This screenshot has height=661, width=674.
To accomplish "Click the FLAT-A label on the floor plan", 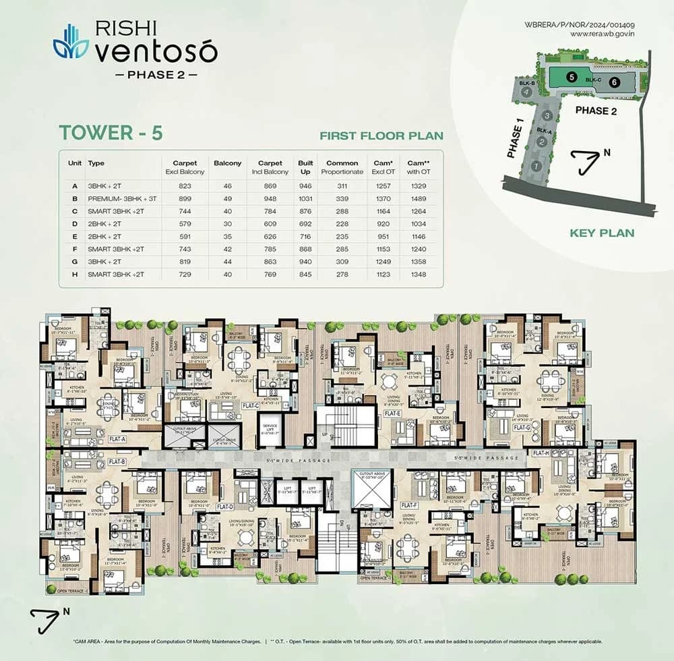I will click(x=117, y=438).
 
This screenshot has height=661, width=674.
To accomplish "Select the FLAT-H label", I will click(x=541, y=453).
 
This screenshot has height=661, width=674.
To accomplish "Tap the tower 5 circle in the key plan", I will click(x=571, y=77).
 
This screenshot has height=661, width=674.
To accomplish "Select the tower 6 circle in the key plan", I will click(x=613, y=82).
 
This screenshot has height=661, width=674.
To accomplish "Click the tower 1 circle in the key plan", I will click(x=537, y=165).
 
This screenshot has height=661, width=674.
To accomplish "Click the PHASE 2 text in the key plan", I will click(x=595, y=111).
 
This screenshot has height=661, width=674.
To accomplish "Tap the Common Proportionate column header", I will click(x=342, y=167).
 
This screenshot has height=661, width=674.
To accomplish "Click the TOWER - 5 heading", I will click(x=110, y=132).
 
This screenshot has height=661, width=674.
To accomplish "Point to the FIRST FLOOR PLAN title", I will click(x=380, y=136).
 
